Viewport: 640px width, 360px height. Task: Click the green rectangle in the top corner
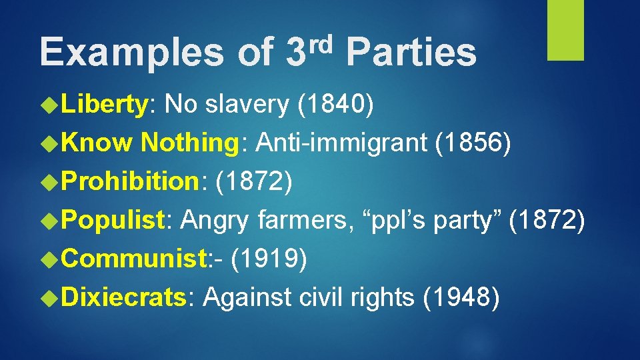pos(565,30)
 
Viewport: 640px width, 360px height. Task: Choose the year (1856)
pos(473,142)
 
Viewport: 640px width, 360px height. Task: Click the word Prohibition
pos(131,181)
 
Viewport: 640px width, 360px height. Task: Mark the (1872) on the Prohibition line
pos(251,181)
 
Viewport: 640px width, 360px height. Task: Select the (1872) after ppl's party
pos(547,219)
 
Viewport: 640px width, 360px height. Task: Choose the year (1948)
pos(461,295)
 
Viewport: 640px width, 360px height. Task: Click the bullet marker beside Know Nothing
pos(51,143)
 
